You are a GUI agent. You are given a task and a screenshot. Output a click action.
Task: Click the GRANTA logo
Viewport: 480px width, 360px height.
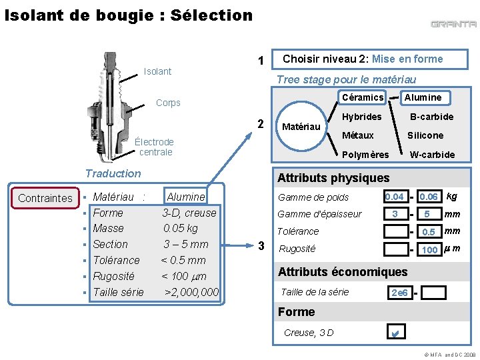(x=453, y=24)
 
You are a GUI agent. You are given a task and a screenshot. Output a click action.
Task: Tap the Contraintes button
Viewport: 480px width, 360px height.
(x=45, y=198)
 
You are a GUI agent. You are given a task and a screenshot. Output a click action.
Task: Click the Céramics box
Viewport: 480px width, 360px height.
(x=363, y=97)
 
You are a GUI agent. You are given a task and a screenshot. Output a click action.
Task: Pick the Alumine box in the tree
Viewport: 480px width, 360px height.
(x=425, y=97)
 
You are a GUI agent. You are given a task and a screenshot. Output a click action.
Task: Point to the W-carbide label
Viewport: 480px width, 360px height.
(x=432, y=155)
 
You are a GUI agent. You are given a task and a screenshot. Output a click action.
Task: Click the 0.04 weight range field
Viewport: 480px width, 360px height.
(x=396, y=196)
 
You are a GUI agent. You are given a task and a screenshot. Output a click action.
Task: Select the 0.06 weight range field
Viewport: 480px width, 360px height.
(x=430, y=196)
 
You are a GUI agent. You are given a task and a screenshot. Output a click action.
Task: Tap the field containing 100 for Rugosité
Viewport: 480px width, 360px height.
(x=430, y=249)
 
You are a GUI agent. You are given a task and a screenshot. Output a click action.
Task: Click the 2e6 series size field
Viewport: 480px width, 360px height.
(x=400, y=293)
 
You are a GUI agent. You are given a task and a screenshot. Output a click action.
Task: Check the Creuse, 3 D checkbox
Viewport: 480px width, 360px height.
(x=396, y=331)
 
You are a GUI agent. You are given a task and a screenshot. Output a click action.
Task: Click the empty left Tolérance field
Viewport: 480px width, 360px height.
(x=396, y=231)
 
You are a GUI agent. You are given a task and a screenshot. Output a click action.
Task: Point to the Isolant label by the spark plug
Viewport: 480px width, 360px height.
(x=157, y=71)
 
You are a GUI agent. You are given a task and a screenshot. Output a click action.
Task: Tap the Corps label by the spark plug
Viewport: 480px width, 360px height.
(x=168, y=103)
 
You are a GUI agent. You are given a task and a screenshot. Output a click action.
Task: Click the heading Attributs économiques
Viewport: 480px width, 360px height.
(x=343, y=272)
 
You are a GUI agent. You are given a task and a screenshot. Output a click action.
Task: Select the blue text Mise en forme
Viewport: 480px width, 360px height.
(x=407, y=59)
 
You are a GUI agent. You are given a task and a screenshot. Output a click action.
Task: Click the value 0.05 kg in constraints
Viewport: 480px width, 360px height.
(x=180, y=229)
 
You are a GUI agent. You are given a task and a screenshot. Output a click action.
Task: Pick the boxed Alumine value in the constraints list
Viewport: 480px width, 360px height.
(x=185, y=196)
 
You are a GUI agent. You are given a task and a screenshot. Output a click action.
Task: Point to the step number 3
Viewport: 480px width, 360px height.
(x=261, y=245)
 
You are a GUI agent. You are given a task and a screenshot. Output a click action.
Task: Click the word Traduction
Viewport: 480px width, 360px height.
(x=113, y=173)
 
